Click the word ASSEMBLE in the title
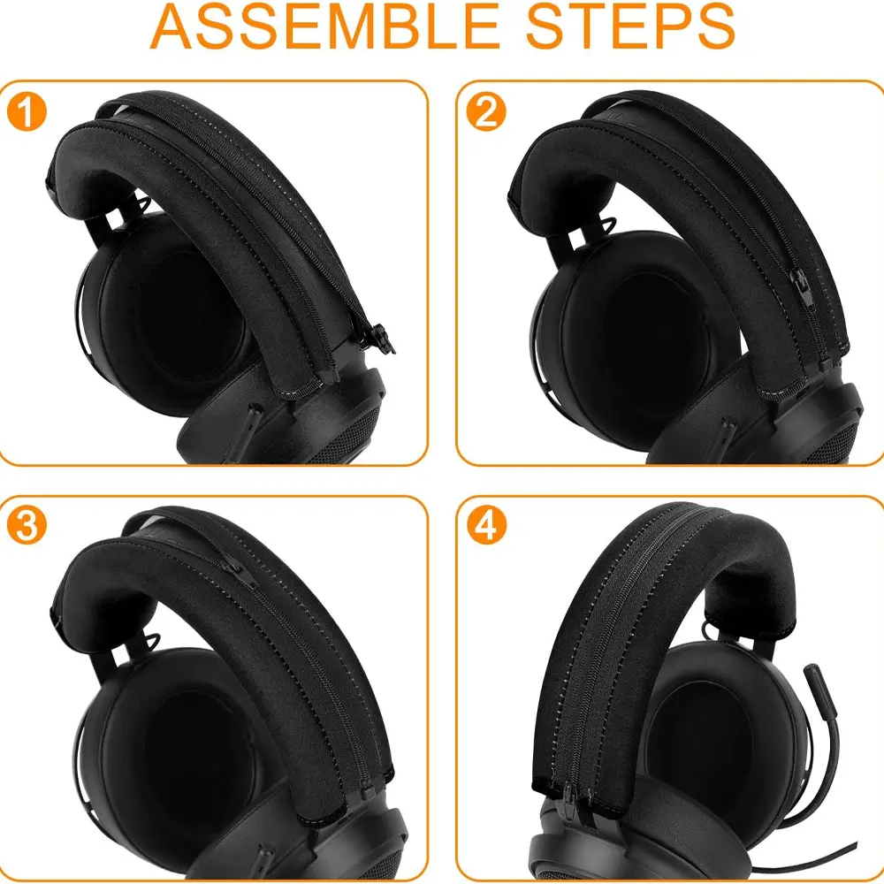(324, 27)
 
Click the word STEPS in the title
(630, 27)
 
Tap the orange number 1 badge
(27, 111)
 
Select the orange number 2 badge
(486, 111)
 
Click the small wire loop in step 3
(151, 641)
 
